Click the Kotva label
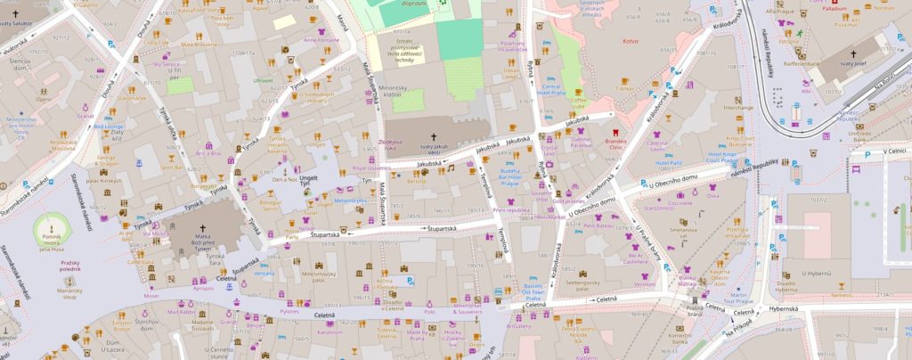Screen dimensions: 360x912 pyautogui.click(x=631, y=43)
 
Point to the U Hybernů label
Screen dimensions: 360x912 pyautogui.click(x=791, y=274)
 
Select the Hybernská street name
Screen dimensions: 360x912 pyautogui.click(x=786, y=309)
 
